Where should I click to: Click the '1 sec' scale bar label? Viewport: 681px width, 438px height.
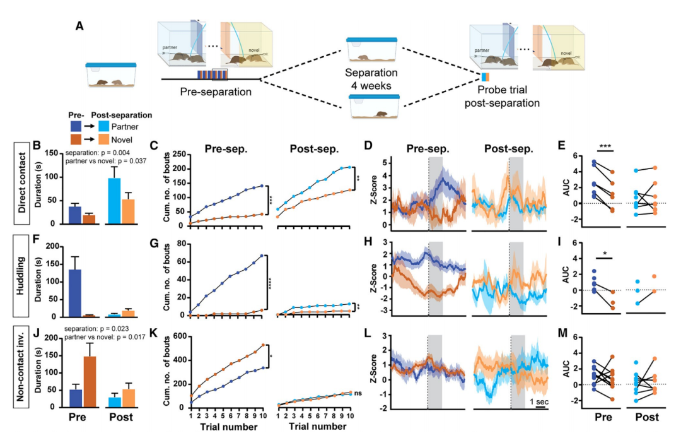tap(538, 401)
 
